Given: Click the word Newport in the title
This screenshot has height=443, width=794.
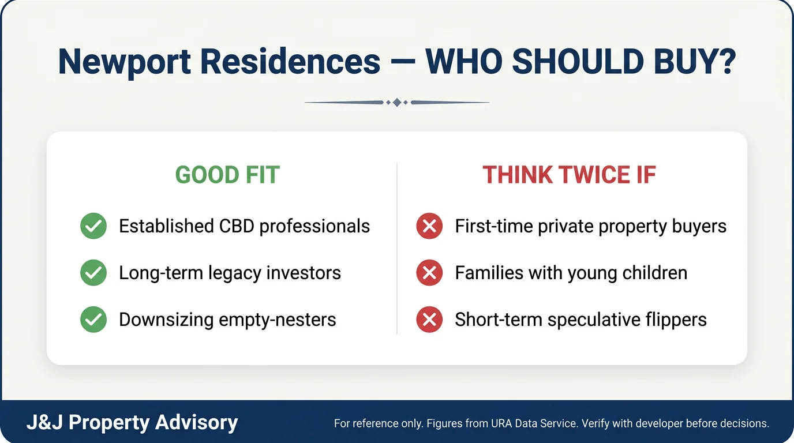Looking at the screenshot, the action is point(125,63).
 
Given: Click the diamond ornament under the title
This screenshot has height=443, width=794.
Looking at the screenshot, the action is point(397,103).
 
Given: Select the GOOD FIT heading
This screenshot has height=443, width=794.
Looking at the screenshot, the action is point(227,175).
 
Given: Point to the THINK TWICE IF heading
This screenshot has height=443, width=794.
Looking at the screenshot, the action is point(570,175).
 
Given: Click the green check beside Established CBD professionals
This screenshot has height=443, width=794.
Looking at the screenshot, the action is point(93,226).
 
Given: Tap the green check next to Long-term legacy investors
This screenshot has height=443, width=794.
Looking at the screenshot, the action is point(93,272).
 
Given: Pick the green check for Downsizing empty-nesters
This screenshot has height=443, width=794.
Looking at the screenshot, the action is point(93,320).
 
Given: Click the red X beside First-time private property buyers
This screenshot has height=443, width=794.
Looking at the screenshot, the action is point(429,226).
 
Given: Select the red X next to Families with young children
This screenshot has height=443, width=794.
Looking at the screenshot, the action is point(429,272).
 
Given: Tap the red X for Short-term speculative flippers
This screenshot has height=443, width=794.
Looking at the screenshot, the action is point(429,320).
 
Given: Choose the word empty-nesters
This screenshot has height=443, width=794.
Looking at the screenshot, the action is point(277,320).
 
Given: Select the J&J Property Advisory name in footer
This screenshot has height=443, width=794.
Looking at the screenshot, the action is point(132,422).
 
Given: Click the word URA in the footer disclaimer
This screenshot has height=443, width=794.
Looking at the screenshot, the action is point(501,423).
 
